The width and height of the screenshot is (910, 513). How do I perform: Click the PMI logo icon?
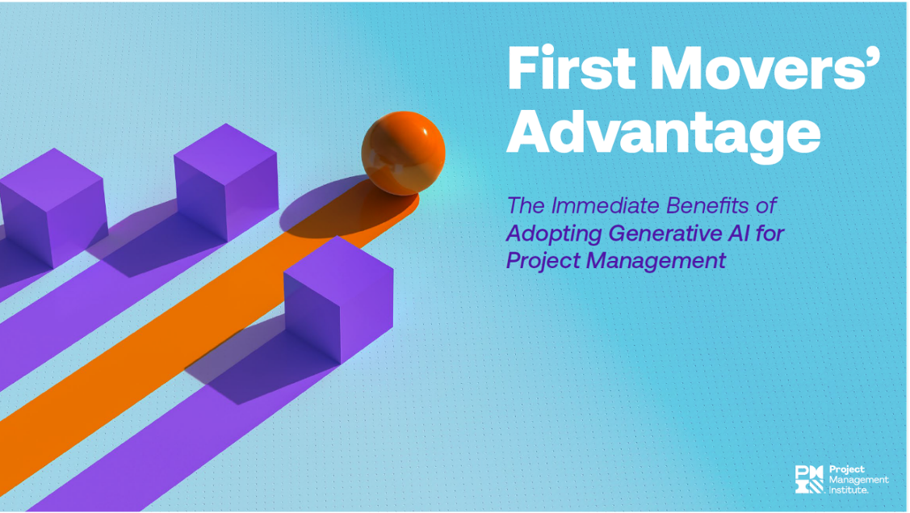(x=810, y=479)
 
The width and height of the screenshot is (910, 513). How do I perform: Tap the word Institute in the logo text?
(x=850, y=489)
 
